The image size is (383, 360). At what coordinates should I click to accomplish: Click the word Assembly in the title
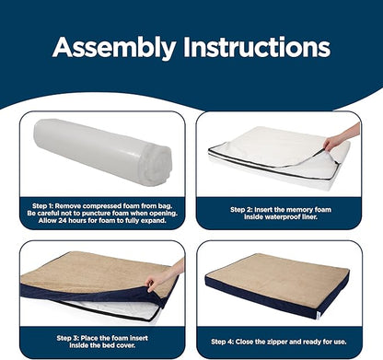coord(114,48)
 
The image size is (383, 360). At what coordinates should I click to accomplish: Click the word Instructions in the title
coord(257,47)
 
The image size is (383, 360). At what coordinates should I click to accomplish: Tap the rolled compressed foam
coord(103,151)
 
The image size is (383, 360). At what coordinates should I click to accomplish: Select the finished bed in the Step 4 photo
coord(277,285)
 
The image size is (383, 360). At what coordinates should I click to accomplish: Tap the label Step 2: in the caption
coord(241,210)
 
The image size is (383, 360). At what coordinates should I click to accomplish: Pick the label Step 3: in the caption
coord(67,338)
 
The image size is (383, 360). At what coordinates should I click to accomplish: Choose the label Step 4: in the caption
coord(222,342)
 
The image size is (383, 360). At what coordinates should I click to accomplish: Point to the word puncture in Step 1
coord(90,214)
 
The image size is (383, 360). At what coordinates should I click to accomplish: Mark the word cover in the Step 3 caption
coord(126,345)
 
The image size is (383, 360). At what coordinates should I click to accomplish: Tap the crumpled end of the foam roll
coord(155,166)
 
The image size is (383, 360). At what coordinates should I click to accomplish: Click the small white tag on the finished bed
coord(319,314)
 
